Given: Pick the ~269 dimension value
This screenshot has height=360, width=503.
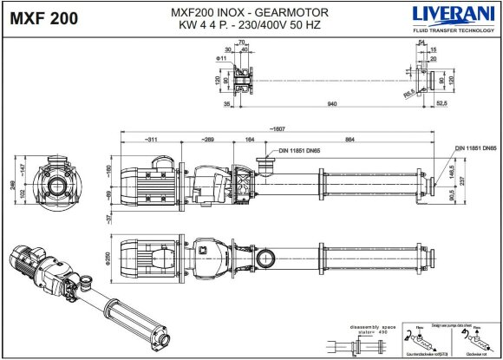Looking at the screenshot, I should pos(209,139).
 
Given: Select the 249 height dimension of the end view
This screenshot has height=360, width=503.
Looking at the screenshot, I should pos(11,183).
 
